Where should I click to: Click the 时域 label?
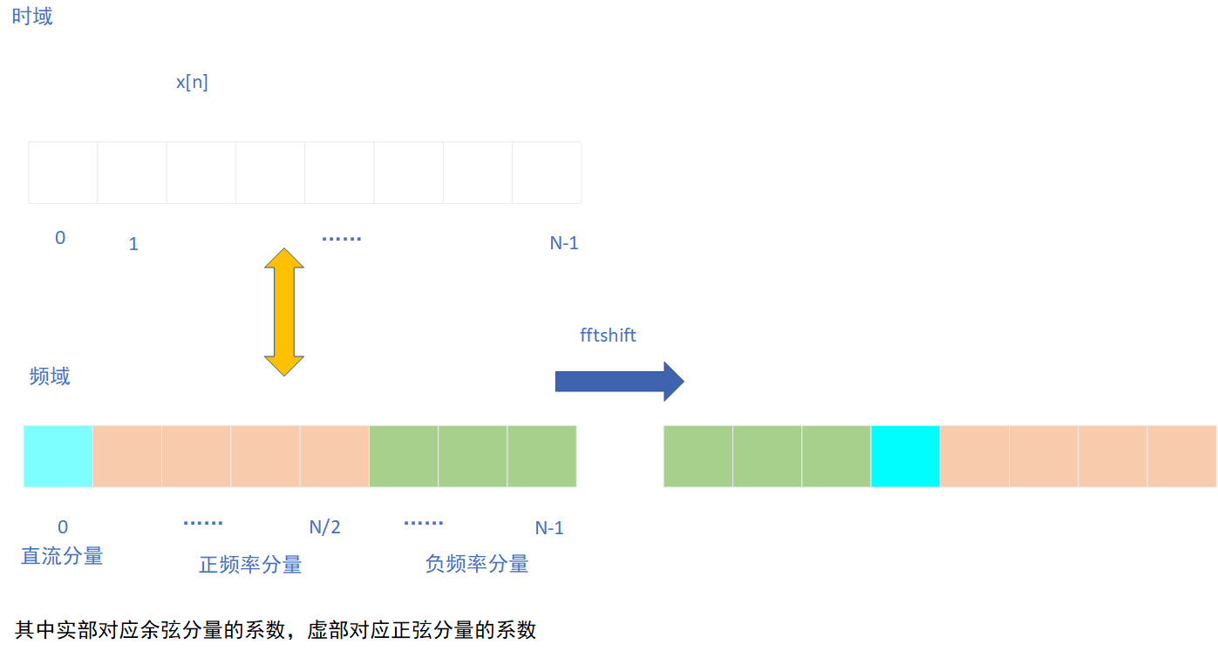[32, 17]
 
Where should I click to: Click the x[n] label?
[192, 83]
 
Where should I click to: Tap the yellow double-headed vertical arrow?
[284, 312]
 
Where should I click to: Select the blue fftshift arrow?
[619, 381]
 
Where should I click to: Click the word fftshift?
[608, 335]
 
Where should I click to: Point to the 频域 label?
[50, 376]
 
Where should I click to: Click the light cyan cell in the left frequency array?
[58, 456]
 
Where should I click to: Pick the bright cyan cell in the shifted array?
[905, 456]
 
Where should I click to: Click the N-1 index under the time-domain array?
[564, 243]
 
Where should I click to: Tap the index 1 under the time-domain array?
[133, 244]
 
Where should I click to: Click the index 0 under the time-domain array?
[60, 237]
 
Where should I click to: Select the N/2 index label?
[324, 527]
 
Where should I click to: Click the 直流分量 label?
[62, 556]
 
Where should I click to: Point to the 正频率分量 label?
[250, 565]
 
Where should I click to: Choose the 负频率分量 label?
[477, 564]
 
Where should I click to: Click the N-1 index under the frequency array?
[549, 528]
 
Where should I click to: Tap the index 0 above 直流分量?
[63, 527]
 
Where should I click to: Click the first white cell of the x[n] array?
[63, 173]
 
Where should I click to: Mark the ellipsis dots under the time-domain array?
[341, 239]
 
